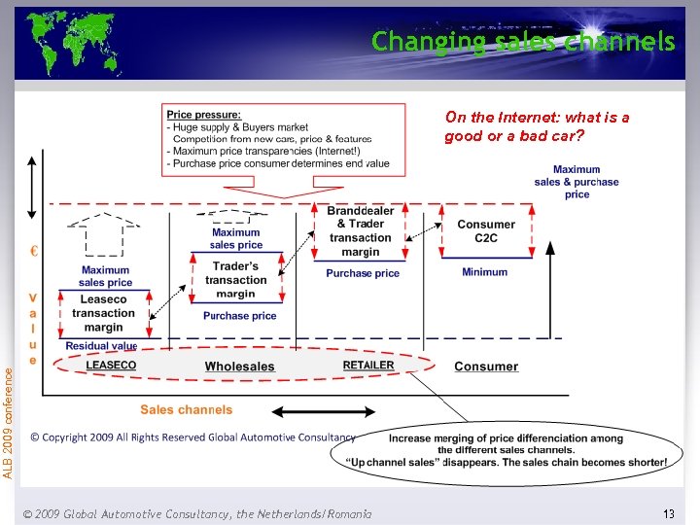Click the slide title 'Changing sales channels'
point(523,42)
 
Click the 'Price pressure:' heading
point(204,115)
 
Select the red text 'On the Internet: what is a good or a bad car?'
point(537,126)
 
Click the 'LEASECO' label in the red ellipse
point(111,366)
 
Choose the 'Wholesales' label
point(239,367)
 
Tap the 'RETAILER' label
point(368,366)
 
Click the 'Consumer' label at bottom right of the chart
point(486,367)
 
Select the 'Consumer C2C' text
point(486,231)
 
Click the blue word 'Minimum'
point(484,272)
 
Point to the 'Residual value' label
point(101,346)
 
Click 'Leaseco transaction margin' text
point(103,313)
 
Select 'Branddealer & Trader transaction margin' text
point(360,231)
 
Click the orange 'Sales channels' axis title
point(187,410)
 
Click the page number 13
point(668,512)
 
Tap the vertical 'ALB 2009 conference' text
point(9,420)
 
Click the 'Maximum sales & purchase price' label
point(577,182)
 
